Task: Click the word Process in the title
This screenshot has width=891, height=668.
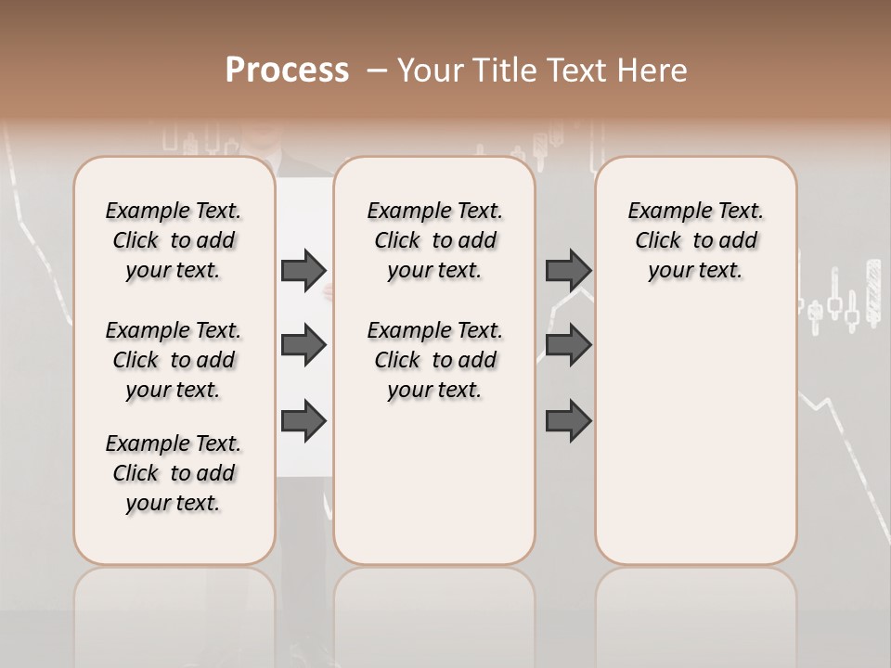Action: tap(287, 71)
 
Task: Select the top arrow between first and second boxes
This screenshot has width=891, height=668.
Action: tap(303, 270)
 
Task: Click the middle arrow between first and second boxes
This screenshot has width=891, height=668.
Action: tap(303, 345)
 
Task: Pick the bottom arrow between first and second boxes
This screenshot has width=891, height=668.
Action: tap(303, 421)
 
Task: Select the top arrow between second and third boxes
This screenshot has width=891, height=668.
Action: tap(568, 270)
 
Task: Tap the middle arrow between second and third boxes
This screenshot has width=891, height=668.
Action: tap(568, 345)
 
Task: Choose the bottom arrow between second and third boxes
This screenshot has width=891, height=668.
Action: tap(568, 421)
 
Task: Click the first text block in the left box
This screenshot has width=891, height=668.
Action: tap(174, 240)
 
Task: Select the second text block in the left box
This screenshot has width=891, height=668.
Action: tap(174, 360)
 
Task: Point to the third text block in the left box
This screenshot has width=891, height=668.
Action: tap(174, 473)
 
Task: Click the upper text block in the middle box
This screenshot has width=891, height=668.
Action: tap(434, 240)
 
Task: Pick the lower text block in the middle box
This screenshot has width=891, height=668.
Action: tap(434, 360)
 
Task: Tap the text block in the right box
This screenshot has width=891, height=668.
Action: tap(695, 240)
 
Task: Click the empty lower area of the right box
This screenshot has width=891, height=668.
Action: tap(695, 445)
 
